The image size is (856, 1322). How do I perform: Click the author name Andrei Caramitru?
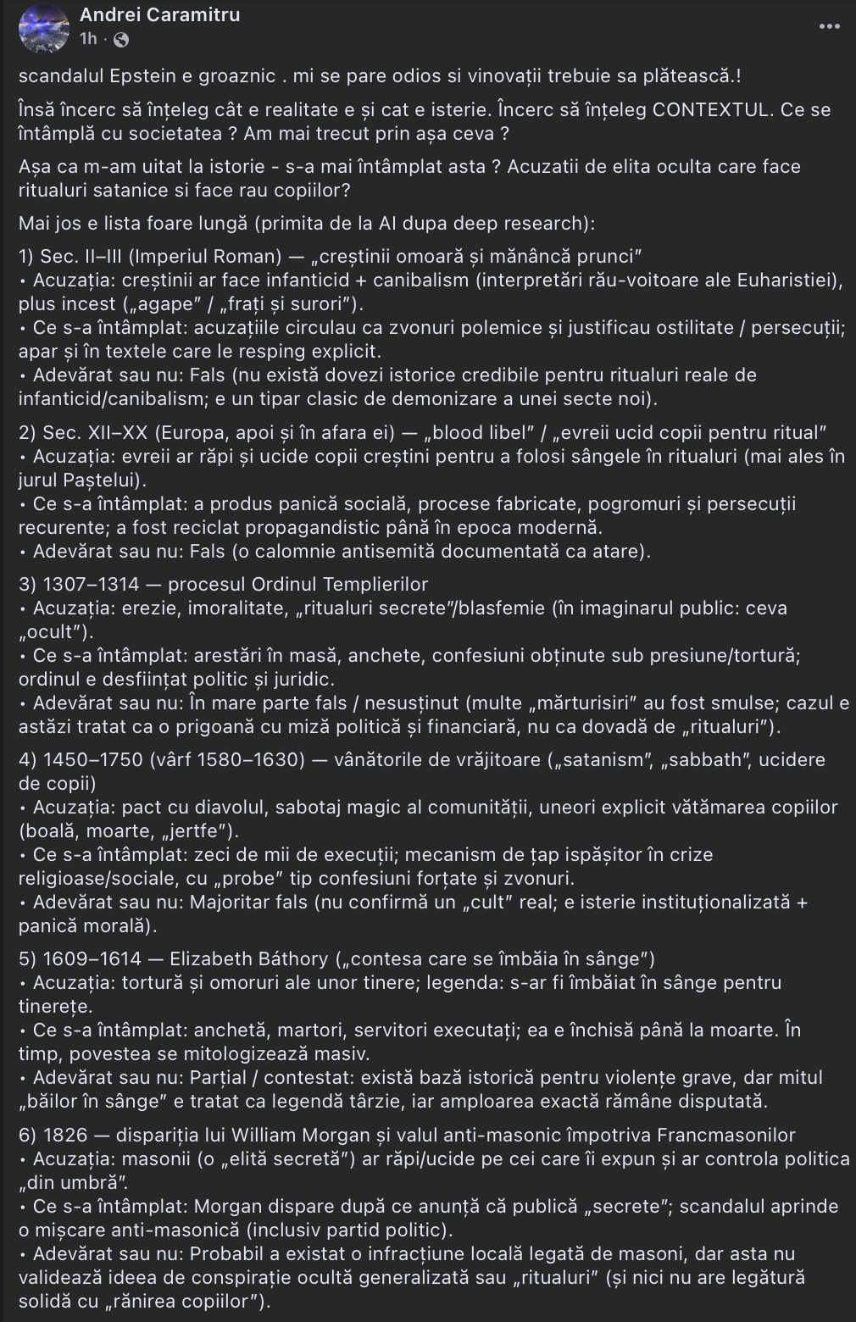(x=159, y=15)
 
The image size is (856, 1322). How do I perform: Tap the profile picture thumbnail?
(x=44, y=27)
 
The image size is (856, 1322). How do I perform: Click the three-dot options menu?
(x=830, y=27)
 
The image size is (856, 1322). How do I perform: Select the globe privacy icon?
(x=121, y=39)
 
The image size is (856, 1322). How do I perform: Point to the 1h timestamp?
(x=88, y=39)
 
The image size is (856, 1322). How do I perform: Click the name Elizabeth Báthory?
(x=249, y=958)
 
